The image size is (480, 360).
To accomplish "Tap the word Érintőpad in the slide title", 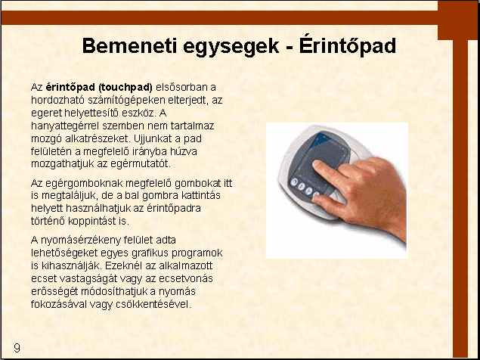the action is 348,46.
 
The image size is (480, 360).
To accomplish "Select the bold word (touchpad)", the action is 125,88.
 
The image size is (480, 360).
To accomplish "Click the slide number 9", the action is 17,348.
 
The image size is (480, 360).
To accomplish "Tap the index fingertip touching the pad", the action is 317,165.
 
